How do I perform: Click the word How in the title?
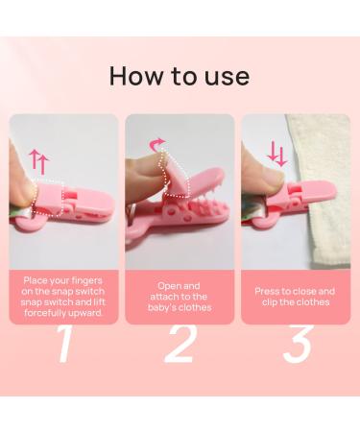tap(135, 76)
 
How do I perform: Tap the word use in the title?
tap(227, 78)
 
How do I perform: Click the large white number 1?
tap(63, 344)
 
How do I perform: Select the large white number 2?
tap(180, 344)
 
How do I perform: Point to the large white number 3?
tap(298, 344)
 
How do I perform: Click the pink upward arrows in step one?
tap(38, 162)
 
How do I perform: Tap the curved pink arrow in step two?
tap(157, 145)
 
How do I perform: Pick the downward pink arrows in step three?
tap(277, 155)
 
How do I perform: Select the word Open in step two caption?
tap(170, 286)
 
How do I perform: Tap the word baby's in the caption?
tap(161, 307)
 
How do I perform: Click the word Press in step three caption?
tap(267, 292)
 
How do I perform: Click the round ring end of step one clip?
tap(28, 223)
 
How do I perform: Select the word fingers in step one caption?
tap(86, 281)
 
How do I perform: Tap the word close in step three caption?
tap(301, 292)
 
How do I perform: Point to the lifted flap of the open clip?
tap(175, 175)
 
